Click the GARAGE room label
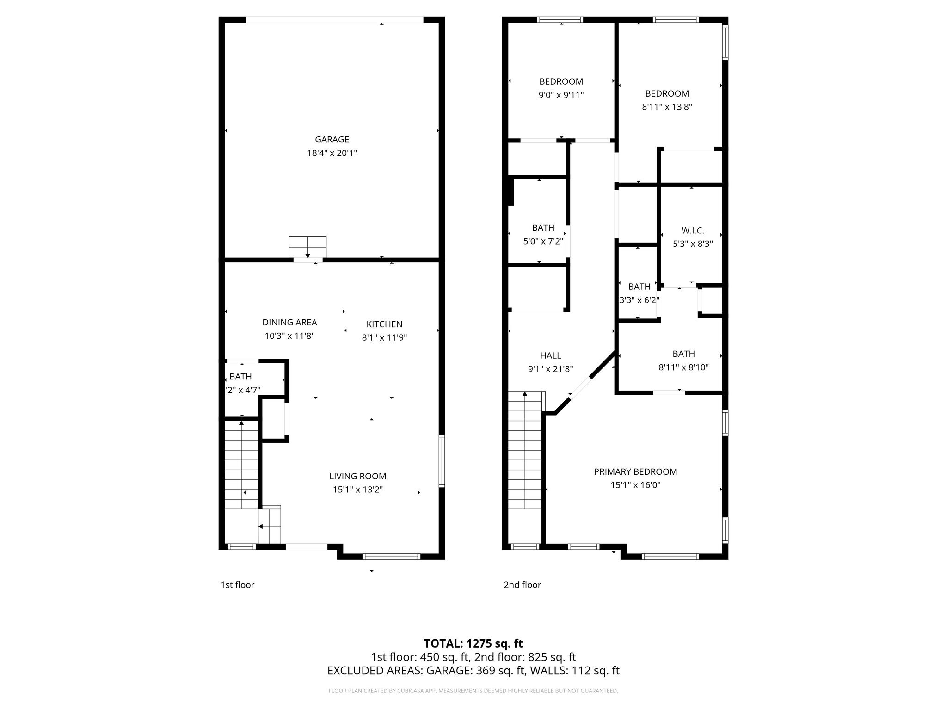332,139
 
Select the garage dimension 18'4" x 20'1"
332,153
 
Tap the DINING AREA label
289,322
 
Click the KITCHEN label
384,324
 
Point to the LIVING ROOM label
357,476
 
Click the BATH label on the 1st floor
240,377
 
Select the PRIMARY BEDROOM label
635,471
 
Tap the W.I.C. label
692,230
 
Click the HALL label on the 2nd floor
550,355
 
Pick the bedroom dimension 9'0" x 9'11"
561,95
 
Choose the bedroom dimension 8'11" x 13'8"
667,107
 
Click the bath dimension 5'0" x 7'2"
542,241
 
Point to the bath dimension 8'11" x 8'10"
683,367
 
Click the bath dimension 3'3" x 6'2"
639,300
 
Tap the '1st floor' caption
237,585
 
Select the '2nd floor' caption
522,585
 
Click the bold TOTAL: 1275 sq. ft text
473,643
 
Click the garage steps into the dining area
307,247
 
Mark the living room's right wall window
442,461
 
